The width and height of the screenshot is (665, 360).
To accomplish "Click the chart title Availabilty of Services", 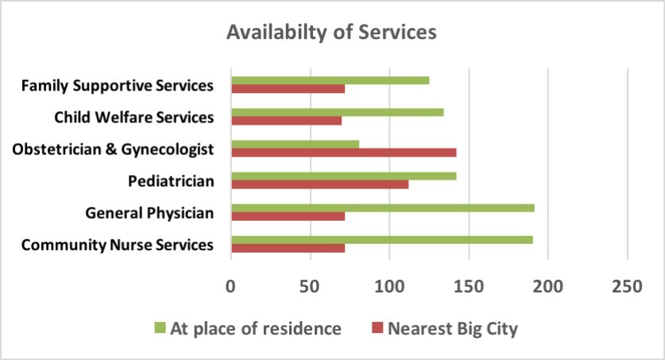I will click(331, 33).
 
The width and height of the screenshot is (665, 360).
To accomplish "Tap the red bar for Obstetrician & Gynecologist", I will click(343, 152).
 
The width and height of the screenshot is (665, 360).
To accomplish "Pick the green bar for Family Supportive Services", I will click(330, 80).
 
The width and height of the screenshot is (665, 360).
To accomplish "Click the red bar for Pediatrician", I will click(319, 184).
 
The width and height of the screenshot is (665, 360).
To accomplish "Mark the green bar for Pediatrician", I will click(343, 176).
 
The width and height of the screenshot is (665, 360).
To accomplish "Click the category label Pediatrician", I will click(171, 181).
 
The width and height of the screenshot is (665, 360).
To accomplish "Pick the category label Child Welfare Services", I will click(134, 118).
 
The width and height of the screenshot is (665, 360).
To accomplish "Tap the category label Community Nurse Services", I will click(117, 245).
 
